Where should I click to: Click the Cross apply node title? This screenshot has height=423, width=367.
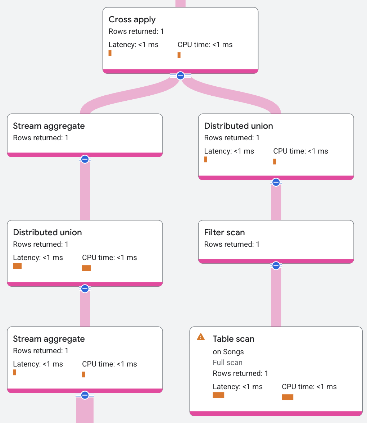coord(132,19)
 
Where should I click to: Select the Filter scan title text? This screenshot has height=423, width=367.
coord(224,232)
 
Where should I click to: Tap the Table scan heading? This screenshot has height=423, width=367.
coord(234,339)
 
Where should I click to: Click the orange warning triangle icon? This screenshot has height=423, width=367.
coord(201,337)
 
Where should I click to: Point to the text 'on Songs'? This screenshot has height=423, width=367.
coord(228,352)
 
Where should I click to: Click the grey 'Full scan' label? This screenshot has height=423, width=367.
coord(227,363)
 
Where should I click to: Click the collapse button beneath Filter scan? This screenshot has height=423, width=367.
coord(276,266)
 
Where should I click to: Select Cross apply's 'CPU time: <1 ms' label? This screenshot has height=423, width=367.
coord(205,45)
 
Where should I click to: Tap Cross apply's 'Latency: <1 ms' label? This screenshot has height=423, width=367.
coord(133,45)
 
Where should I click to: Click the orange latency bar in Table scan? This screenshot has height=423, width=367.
coord(218,395)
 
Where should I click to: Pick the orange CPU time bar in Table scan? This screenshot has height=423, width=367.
coord(287,397)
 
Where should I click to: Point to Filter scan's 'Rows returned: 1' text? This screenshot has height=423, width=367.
coord(232,244)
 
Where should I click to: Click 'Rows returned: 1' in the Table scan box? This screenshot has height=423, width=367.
coord(240,373)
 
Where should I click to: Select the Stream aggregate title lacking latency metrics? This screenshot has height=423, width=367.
coord(49,126)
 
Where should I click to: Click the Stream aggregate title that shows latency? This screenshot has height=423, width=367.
coord(49,339)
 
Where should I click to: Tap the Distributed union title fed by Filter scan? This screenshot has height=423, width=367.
coord(239,126)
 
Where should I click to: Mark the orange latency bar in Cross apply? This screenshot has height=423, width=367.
coord(110,53)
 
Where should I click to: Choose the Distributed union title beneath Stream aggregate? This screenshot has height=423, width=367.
coord(47,232)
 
